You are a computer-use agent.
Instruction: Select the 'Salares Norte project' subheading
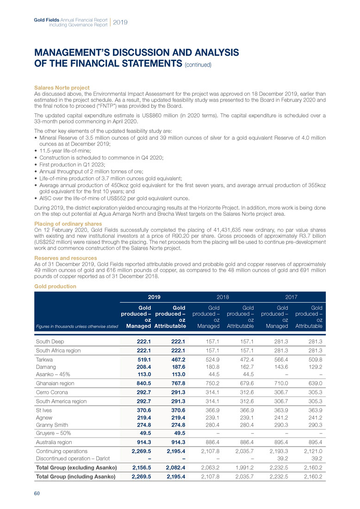click(62, 88)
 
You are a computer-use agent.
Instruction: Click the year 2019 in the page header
click(120, 22)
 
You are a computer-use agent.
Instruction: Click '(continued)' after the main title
click(198, 65)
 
